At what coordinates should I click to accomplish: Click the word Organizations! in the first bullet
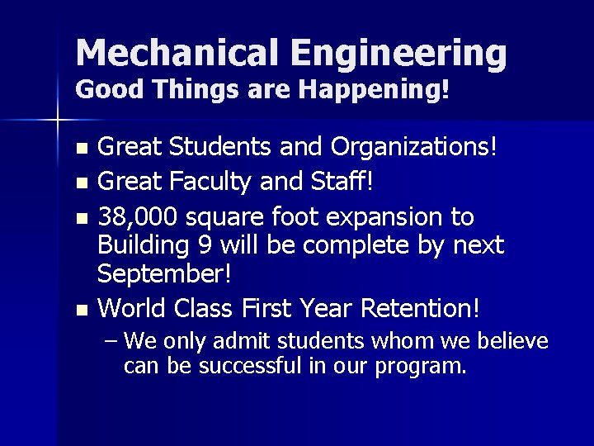coord(415,149)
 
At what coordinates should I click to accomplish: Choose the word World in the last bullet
coord(134,308)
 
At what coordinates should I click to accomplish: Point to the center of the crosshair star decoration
coord(57,121)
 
